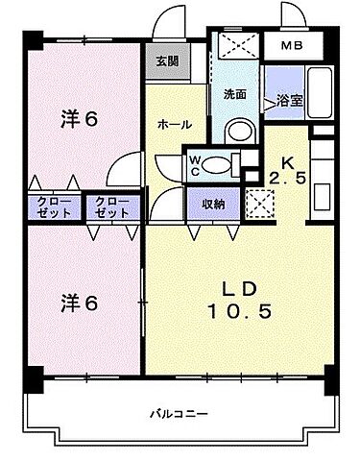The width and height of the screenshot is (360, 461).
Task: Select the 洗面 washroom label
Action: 236,95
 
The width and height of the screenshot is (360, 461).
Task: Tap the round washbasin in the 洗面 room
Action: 239,131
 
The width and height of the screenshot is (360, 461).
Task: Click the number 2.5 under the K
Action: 288,178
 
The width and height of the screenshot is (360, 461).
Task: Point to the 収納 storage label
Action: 213,204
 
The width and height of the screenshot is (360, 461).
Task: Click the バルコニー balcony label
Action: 179,413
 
